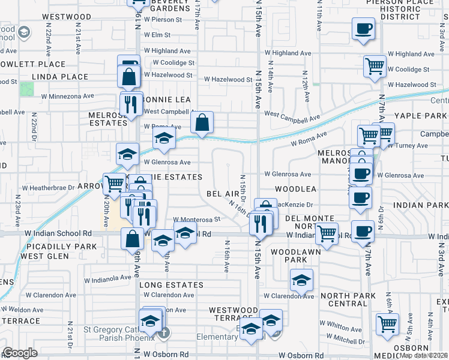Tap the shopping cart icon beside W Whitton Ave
(388, 324)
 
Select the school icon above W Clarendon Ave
(301, 280)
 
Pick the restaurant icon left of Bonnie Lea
(130, 104)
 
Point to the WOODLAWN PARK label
(288, 256)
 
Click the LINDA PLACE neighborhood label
(59, 77)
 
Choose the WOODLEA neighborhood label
(295, 189)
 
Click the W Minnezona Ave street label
(67, 96)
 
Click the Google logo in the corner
(20, 352)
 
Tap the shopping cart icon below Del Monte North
(327, 233)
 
